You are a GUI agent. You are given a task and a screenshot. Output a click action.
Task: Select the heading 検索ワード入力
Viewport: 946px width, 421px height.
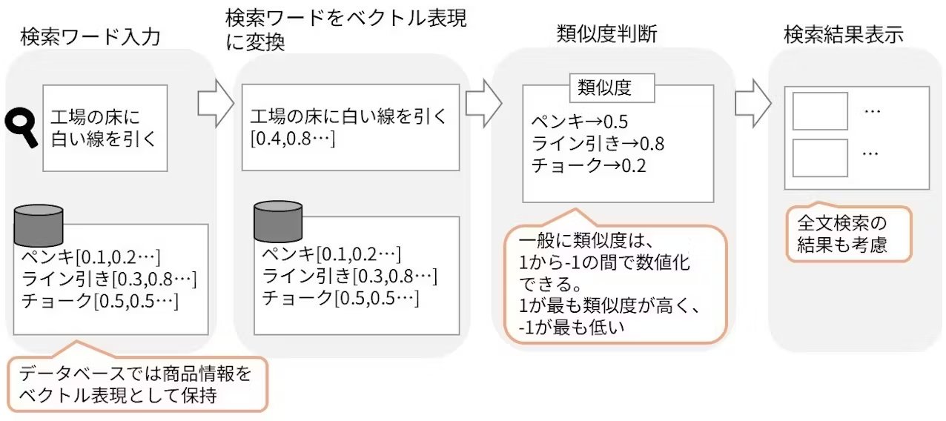pyautogui.click(x=90, y=37)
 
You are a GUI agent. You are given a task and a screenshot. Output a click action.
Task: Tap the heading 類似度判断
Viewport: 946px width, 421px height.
pyautogui.click(x=606, y=34)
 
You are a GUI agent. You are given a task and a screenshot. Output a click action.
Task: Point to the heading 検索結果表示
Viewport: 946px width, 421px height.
pyautogui.click(x=844, y=34)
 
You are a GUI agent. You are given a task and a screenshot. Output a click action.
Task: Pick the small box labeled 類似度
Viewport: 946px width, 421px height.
pyautogui.click(x=612, y=88)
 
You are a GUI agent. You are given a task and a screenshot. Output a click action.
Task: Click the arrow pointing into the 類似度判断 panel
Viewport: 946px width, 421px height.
pyautogui.click(x=484, y=103)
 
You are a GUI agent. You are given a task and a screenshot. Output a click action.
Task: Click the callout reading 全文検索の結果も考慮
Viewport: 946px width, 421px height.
pyautogui.click(x=848, y=233)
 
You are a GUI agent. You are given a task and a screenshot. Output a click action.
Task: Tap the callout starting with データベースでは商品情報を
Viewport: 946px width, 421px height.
pyautogui.click(x=136, y=384)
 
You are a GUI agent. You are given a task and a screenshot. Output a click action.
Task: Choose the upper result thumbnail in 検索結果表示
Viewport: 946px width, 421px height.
pyautogui.click(x=820, y=111)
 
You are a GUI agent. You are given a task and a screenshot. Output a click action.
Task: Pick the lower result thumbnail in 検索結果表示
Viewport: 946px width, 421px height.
pyautogui.click(x=820, y=157)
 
